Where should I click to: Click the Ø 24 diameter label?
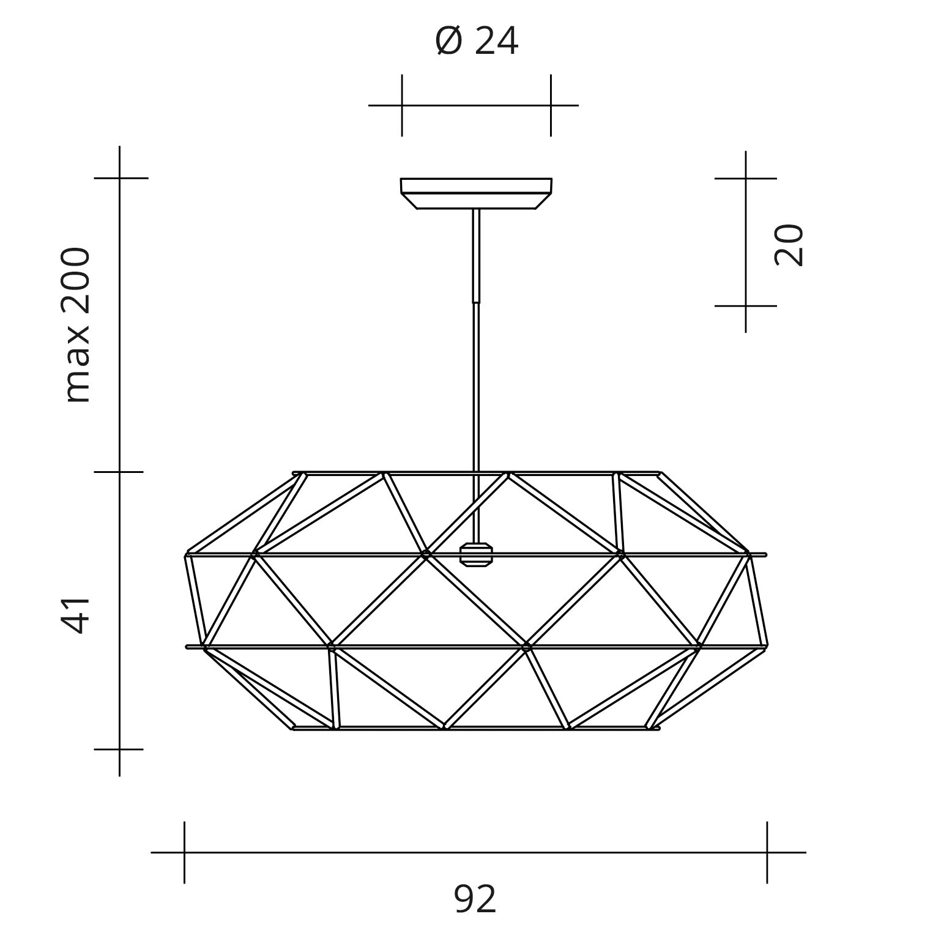(477, 42)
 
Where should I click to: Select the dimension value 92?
(475, 899)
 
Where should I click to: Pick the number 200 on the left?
(77, 282)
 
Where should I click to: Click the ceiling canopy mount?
(476, 193)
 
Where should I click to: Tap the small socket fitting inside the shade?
(476, 554)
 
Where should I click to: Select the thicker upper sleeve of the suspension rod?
(476, 256)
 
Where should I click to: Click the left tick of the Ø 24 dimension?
(402, 105)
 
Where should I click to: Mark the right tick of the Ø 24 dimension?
(551, 105)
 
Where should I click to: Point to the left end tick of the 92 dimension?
(184, 852)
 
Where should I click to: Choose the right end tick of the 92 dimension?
(767, 852)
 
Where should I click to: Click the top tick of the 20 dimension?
(745, 179)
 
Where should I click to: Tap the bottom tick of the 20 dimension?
(745, 306)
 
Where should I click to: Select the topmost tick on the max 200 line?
(119, 178)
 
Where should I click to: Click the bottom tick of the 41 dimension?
(119, 749)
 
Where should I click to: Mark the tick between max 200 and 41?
(119, 472)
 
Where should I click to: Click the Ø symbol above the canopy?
(448, 42)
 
